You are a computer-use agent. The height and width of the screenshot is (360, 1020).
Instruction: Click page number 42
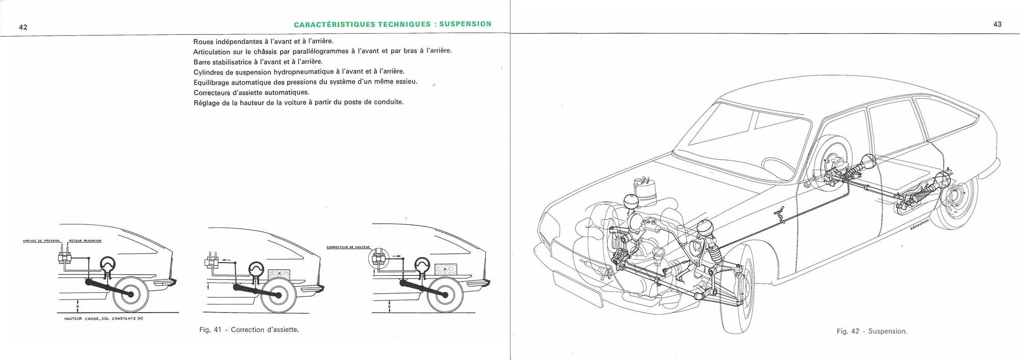(x=23, y=28)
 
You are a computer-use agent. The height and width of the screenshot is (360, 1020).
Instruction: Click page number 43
(x=997, y=24)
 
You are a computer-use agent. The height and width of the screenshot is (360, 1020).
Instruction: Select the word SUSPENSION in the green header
(x=465, y=24)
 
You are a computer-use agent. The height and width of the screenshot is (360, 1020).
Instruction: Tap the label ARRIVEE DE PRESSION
(x=41, y=241)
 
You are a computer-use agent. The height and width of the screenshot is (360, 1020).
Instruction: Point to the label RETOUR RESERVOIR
(x=85, y=241)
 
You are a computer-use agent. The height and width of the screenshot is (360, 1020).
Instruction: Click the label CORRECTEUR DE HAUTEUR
(x=348, y=247)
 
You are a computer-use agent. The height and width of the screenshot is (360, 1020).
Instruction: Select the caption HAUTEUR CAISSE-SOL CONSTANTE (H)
(x=100, y=319)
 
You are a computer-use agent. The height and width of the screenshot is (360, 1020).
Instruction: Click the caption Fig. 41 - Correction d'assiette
(x=249, y=330)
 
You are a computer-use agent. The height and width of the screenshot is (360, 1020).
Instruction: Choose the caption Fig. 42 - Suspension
(x=872, y=331)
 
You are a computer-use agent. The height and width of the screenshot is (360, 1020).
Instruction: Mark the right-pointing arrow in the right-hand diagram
(x=395, y=256)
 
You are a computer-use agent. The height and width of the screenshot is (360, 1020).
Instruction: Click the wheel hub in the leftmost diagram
(x=131, y=294)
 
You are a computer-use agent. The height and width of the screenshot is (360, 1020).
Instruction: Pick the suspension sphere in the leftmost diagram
(x=108, y=264)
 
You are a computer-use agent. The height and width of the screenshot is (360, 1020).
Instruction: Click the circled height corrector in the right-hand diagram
(x=378, y=259)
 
